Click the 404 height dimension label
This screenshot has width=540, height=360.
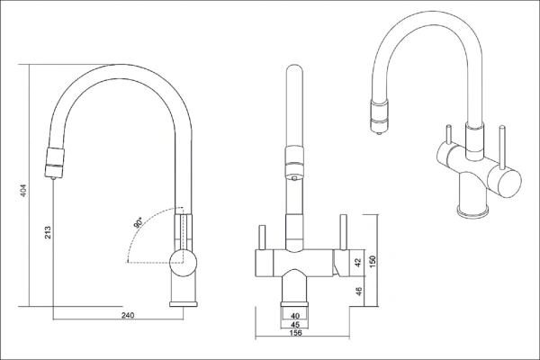point(23,191)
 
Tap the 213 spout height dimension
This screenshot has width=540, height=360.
point(48,232)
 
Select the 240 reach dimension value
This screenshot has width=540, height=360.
point(128,315)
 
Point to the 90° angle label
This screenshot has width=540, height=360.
point(139,222)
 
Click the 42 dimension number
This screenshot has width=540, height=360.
point(358,262)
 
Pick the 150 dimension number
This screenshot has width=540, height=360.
point(373,260)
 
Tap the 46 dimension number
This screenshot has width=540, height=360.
point(358,291)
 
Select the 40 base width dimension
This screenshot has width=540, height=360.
point(295,316)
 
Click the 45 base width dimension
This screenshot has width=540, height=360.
point(295,324)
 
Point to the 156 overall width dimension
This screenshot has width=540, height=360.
point(295,333)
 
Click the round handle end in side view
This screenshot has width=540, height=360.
point(184,264)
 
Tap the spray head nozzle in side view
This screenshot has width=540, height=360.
point(54,163)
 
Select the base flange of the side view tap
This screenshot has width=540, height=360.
point(184,304)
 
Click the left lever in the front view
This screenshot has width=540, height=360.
point(262,238)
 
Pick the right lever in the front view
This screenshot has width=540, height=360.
point(344,232)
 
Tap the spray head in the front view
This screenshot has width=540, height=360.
point(294,162)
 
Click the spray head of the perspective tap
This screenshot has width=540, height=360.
point(379,116)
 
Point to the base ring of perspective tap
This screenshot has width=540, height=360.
point(472,211)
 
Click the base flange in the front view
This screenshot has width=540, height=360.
point(295,304)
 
